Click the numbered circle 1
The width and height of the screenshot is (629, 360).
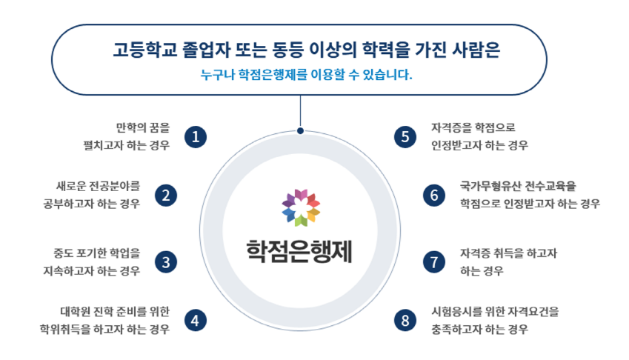pyautogui.click(x=196, y=137)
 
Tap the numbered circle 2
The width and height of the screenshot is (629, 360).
pyautogui.click(x=166, y=196)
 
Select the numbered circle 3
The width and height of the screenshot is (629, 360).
pyautogui.click(x=166, y=261)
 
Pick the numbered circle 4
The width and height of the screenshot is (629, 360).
pyautogui.click(x=196, y=320)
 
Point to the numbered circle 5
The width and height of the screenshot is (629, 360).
pyautogui.click(x=405, y=137)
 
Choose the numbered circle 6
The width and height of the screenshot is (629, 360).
pyautogui.click(x=434, y=196)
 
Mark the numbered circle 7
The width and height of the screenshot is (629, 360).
pyautogui.click(x=434, y=261)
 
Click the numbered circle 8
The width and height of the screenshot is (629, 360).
pyautogui.click(x=405, y=320)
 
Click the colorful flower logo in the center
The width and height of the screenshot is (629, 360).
pyautogui.click(x=301, y=207)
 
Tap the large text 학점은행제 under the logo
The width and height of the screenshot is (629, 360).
pyautogui.click(x=299, y=251)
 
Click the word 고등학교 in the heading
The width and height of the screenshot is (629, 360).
pyautogui.click(x=144, y=50)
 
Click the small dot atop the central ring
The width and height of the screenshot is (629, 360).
pyautogui.click(x=300, y=130)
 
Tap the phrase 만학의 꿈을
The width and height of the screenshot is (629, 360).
pyautogui.click(x=143, y=127)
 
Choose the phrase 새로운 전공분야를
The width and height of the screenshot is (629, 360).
pyautogui.click(x=99, y=186)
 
